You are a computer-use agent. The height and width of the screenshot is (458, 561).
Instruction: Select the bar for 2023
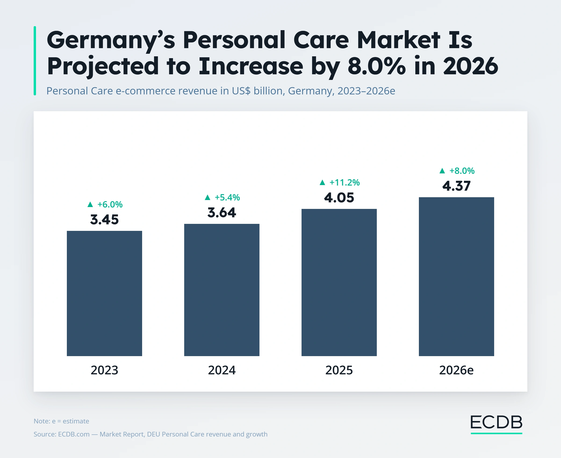(x=104, y=293)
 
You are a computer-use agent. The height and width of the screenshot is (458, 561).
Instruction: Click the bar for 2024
(x=222, y=290)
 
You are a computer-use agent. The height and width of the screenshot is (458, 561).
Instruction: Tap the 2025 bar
(x=339, y=282)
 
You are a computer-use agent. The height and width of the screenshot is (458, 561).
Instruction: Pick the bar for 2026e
(x=456, y=276)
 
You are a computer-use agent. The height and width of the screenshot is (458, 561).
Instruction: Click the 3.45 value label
(x=104, y=219)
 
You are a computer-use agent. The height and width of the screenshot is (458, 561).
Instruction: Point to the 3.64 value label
(x=222, y=213)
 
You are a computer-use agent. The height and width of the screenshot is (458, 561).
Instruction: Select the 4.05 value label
(x=339, y=198)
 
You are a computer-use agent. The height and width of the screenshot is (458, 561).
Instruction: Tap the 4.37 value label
(x=457, y=186)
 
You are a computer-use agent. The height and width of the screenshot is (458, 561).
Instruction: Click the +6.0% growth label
(x=110, y=204)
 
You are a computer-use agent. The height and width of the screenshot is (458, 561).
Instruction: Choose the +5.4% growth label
(x=227, y=197)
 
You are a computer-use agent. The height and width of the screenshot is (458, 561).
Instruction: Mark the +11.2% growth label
(x=345, y=182)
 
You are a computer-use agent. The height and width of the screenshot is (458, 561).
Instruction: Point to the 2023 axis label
(x=104, y=370)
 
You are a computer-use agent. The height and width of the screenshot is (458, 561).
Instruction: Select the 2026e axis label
(x=457, y=370)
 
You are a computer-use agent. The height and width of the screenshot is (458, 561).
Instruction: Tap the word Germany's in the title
(x=111, y=40)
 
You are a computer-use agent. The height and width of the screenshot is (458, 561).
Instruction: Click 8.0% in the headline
(x=377, y=66)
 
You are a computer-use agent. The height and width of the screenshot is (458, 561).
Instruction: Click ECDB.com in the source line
(x=74, y=434)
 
